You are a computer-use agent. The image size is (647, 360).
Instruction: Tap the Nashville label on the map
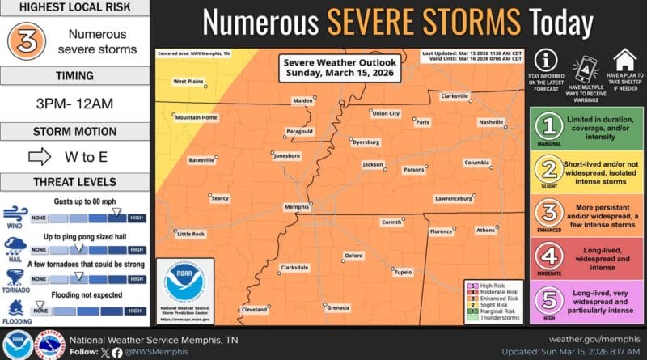[x=490, y=121]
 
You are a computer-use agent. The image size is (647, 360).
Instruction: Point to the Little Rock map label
[x=191, y=234]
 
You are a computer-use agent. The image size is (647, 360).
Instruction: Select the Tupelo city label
[x=403, y=273]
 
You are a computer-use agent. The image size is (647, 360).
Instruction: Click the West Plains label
[x=188, y=81]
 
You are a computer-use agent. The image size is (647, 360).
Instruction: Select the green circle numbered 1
[x=551, y=126]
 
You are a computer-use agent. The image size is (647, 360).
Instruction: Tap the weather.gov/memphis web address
[x=594, y=339]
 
